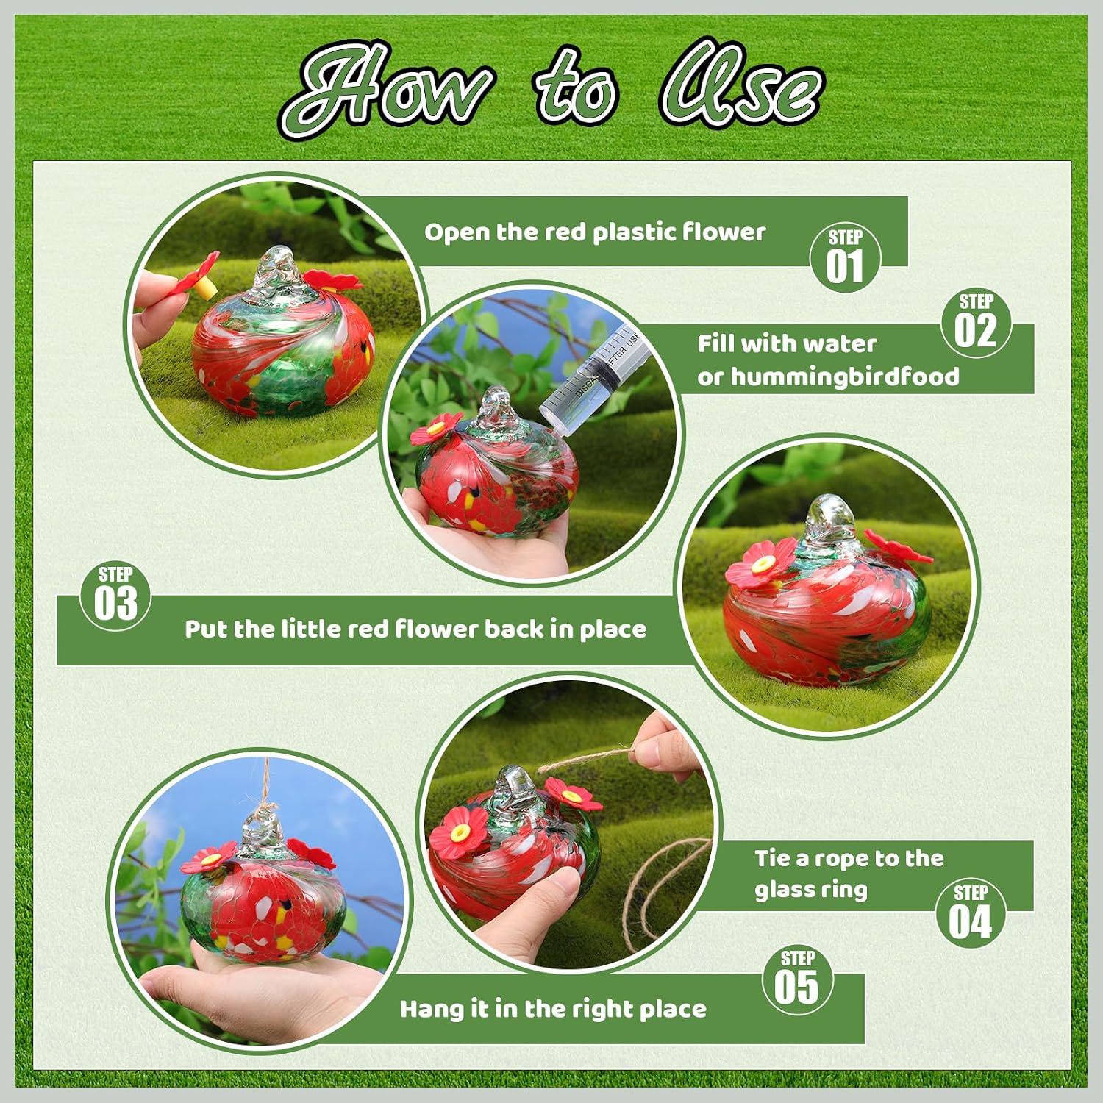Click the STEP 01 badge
845,257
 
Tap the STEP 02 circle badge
977,321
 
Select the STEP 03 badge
115,596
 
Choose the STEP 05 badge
797,979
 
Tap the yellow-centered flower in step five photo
210,858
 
